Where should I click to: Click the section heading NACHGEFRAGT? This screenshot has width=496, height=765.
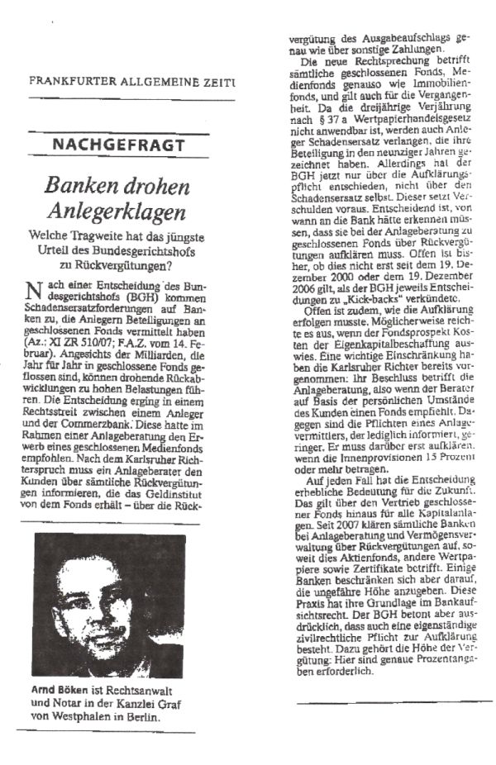(118, 145)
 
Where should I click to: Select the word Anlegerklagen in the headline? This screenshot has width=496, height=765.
(117, 211)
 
